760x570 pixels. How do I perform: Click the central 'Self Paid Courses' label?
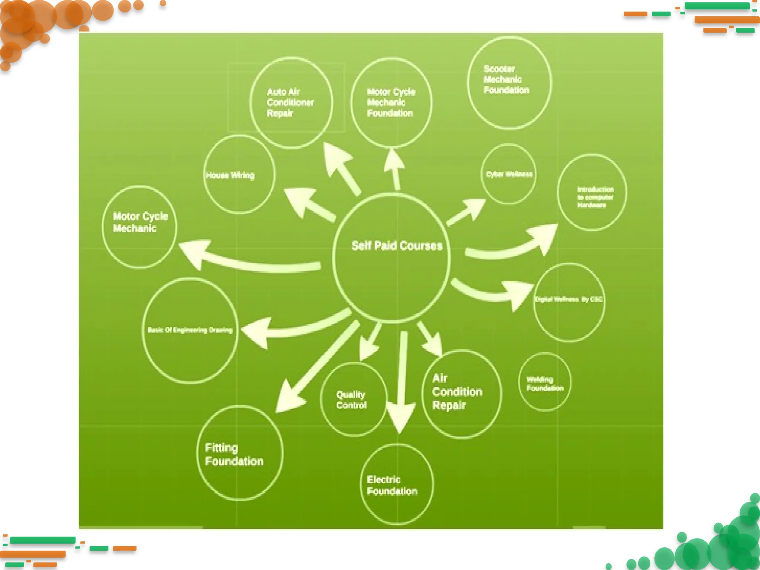(397, 246)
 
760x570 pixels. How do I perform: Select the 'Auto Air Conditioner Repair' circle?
(291, 102)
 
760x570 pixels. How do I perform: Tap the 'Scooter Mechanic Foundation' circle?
(509, 82)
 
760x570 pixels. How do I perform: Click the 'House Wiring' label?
(230, 175)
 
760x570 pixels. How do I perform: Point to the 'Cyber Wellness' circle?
(509, 174)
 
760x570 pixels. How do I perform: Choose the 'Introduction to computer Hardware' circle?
(592, 193)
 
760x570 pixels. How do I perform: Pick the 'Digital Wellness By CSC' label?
(568, 299)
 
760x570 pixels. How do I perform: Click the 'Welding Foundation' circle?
(545, 382)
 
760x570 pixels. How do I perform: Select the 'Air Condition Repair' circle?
(461, 393)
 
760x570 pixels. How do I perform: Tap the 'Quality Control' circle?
(353, 399)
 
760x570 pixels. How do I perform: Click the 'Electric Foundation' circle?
(397, 484)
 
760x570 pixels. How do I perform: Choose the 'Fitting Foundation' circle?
(239, 453)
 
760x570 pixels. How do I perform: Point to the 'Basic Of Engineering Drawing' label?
(190, 330)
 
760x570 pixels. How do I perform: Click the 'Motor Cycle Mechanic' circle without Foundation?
(140, 226)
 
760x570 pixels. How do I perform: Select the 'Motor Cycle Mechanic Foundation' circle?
(391, 102)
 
